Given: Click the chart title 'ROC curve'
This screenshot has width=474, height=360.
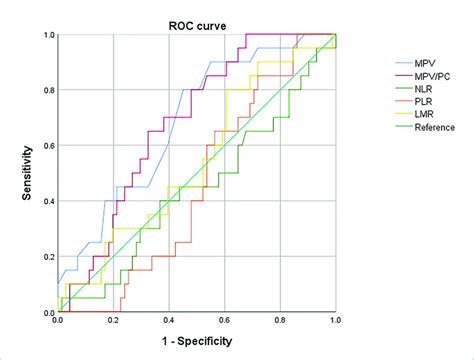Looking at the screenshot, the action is [197, 26].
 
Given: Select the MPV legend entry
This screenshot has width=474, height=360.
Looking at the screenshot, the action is [415, 63].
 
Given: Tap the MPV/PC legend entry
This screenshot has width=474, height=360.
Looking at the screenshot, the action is [423, 76].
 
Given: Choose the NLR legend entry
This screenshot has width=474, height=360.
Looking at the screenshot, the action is [414, 89].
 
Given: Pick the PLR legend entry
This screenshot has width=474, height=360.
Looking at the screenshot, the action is [414, 101].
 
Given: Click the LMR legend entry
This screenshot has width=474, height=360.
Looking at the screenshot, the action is [414, 114].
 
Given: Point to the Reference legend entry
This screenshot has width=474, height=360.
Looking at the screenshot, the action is [425, 127].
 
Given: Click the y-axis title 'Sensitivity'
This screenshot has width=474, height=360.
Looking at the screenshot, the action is [27, 173].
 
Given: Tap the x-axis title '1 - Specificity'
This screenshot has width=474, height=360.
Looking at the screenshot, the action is [197, 341].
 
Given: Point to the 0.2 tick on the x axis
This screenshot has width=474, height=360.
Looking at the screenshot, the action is [113, 320].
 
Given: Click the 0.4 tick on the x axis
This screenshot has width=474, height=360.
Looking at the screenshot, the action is [169, 320].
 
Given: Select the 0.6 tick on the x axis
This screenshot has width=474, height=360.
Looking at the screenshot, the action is [225, 320].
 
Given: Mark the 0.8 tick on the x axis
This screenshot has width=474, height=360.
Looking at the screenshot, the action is [280, 320].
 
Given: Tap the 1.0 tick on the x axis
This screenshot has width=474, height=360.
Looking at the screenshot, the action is [336, 320].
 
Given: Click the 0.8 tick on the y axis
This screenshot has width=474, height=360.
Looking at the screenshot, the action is [49, 90].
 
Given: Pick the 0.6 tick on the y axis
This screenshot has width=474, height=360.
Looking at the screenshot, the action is [49, 146].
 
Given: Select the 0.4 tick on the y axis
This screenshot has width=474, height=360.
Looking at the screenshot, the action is [49, 201].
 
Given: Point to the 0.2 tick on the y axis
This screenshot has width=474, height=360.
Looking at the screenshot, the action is [49, 257].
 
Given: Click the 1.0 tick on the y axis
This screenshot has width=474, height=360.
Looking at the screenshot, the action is [49, 35].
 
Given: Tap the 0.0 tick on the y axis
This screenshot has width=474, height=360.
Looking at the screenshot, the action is [49, 313].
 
